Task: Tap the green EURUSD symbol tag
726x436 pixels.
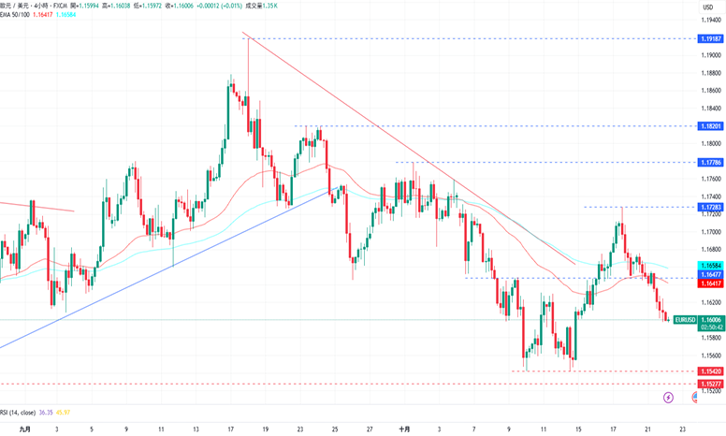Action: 686,320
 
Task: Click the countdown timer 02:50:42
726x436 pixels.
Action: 712,327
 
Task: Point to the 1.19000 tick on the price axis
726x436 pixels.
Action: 711,55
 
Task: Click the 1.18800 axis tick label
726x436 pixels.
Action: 711,73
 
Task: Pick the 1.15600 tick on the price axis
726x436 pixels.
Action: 711,356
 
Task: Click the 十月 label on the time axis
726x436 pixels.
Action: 404,429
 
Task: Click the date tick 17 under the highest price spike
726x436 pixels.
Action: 230,429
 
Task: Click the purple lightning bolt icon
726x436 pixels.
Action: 668,398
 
